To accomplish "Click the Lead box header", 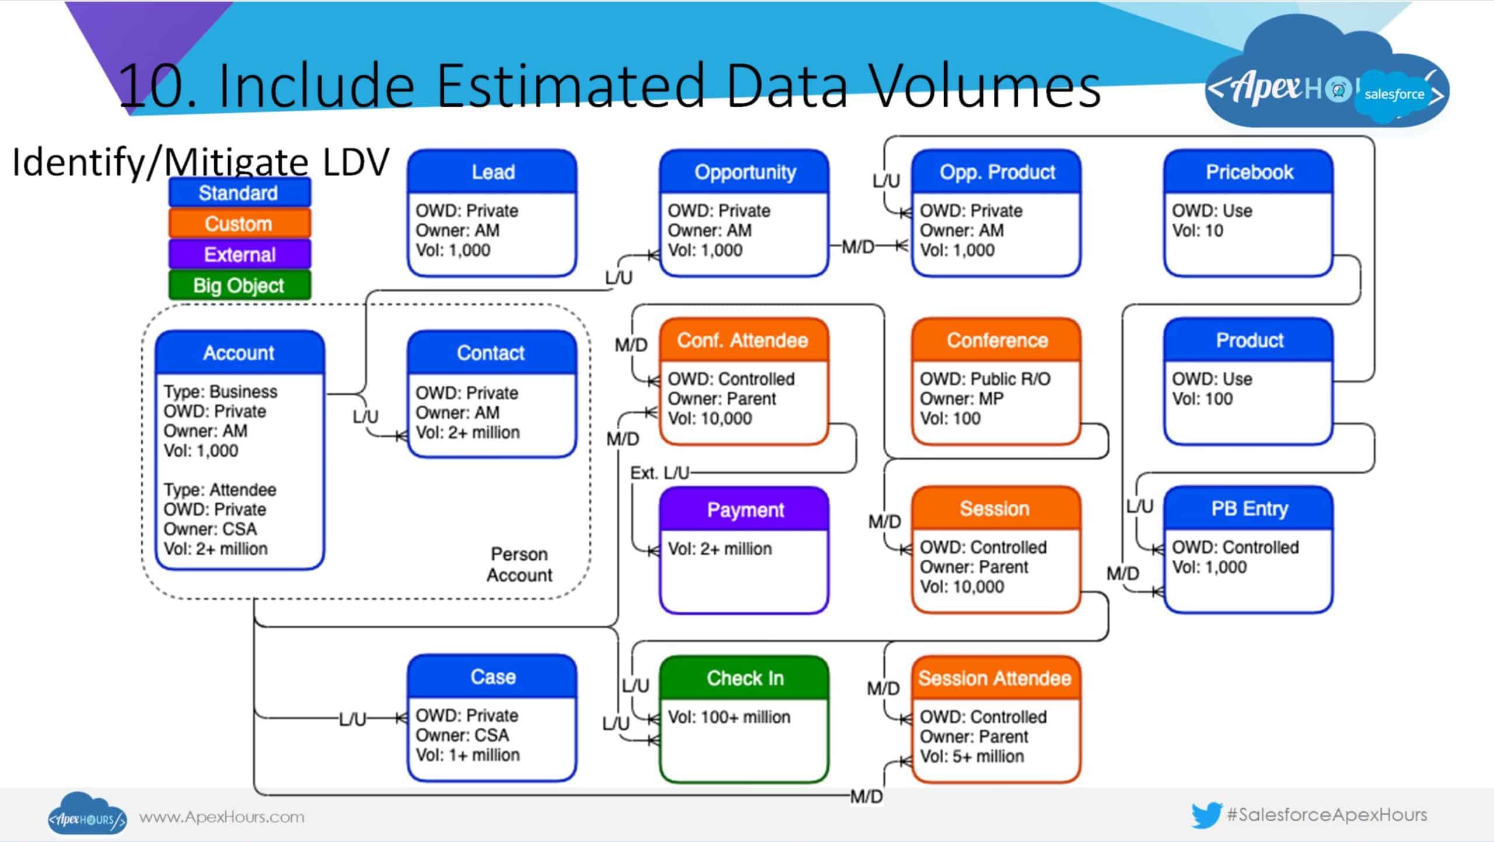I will pos(493,172).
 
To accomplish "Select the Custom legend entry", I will pos(239,224).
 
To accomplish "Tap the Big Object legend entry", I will pos(239,286).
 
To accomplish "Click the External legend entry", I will pos(239,255).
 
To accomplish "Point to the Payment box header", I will pos(745,510).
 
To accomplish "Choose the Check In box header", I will pos(745,678).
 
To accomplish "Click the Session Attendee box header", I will pos(995,678).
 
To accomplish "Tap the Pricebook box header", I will pos(1249,172).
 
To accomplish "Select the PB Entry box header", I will pos(1249,508).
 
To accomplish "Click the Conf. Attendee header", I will pos(742,340).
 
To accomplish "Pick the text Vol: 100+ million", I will pos(729,717).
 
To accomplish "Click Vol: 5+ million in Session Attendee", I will pos(972,756).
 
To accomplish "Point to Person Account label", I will pos(519,564).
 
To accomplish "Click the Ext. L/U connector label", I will pos(659,472).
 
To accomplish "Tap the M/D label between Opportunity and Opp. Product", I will pos(858,247).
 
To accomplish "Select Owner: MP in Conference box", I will pos(961,399).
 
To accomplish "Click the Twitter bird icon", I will pos(1206,815).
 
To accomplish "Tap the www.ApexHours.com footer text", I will pos(222,817).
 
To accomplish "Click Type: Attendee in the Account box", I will pos(220,490).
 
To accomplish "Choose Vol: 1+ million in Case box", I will pos(467,755).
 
